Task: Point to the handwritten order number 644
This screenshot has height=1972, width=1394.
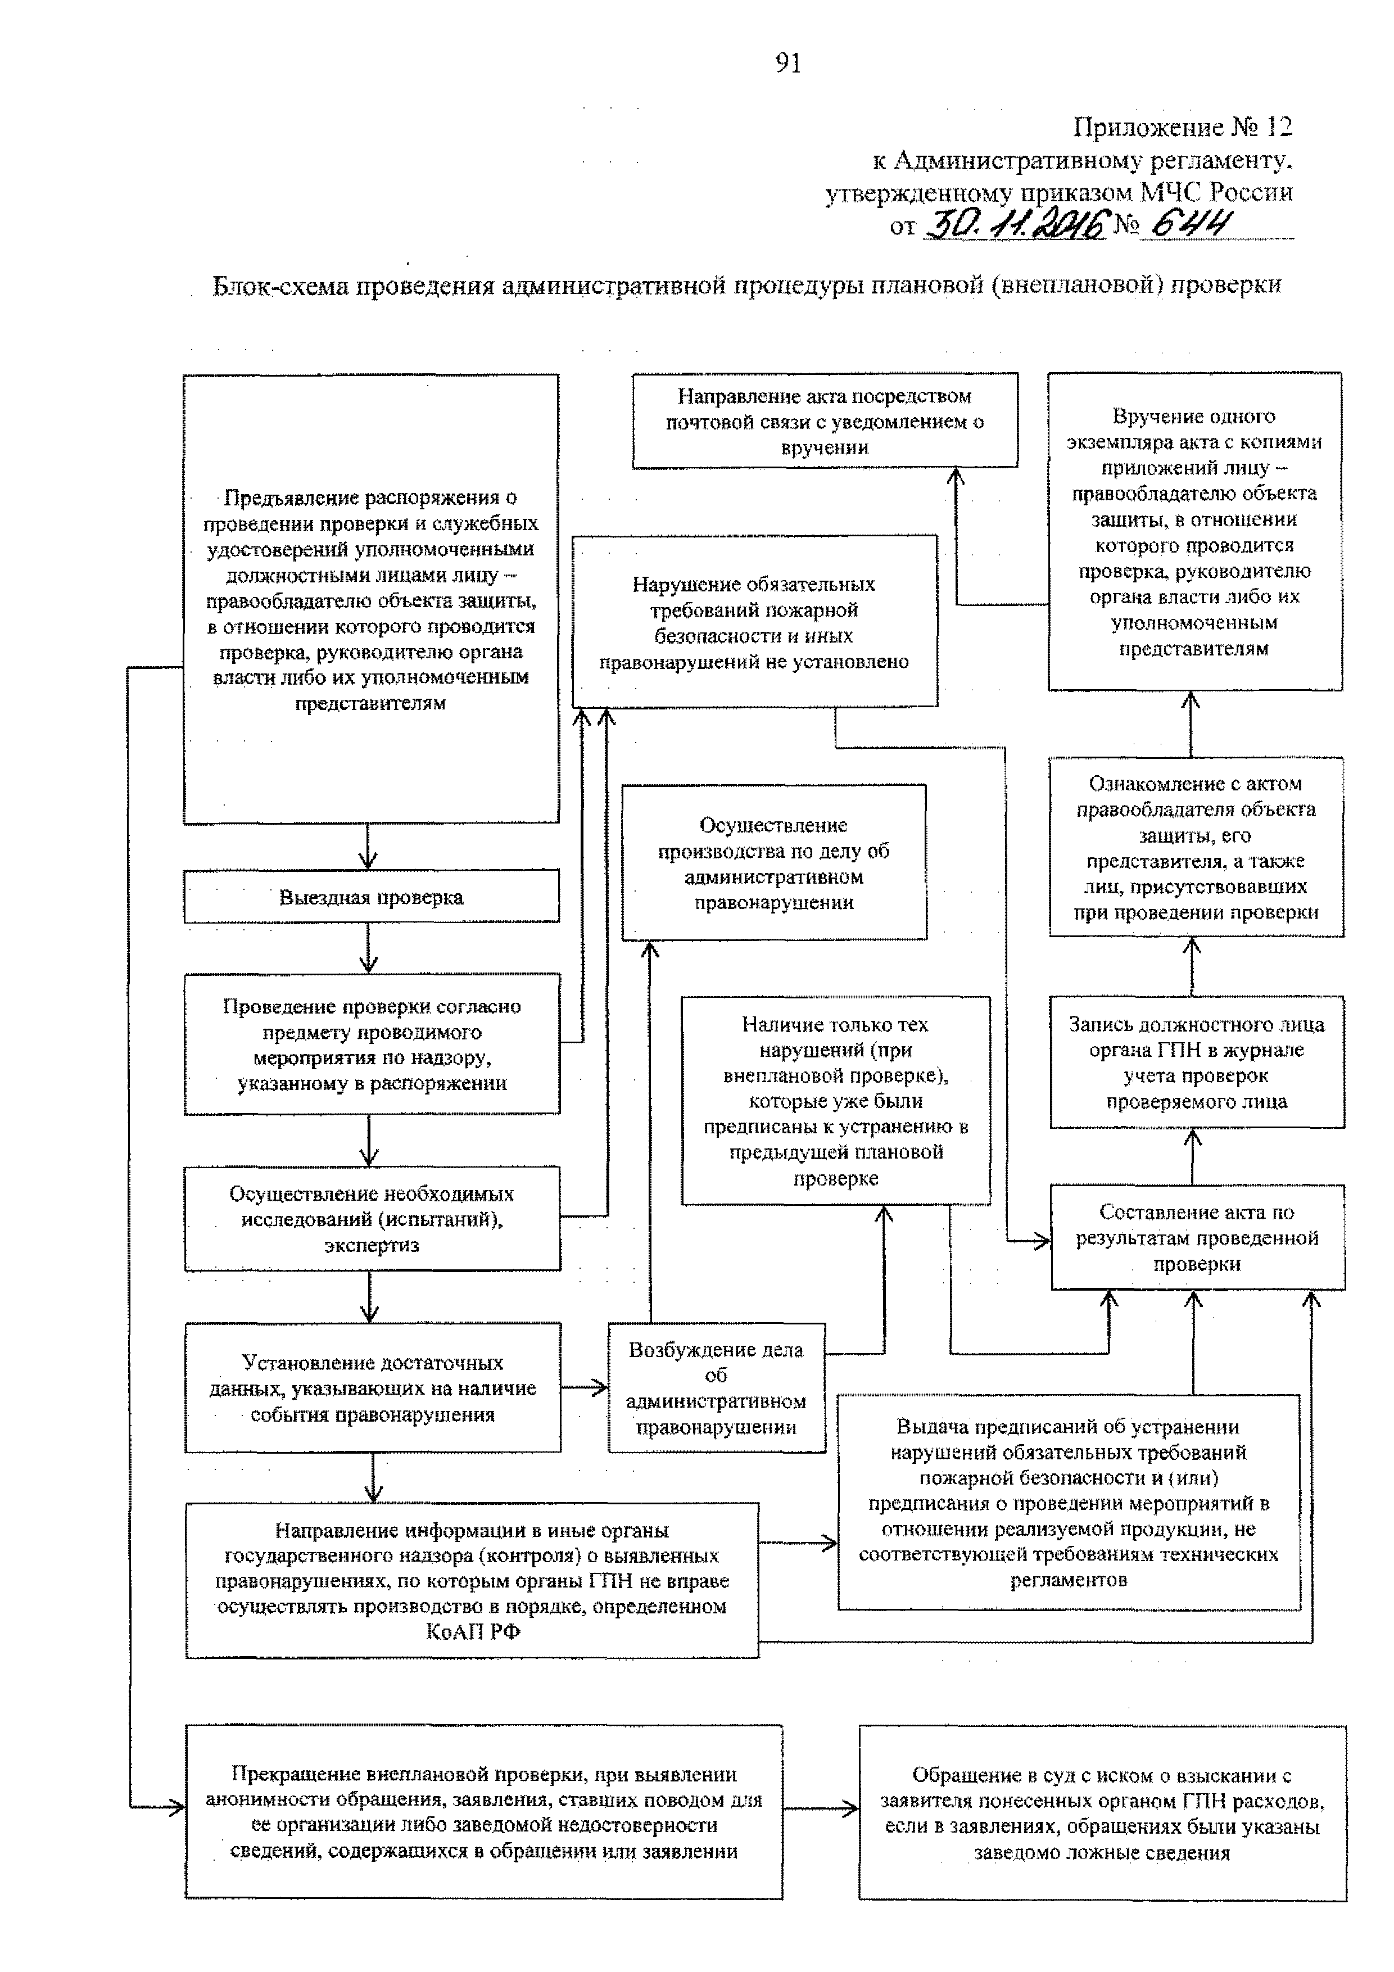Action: pyautogui.click(x=1189, y=224)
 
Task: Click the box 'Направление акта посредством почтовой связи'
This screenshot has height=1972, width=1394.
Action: pyautogui.click(x=825, y=421)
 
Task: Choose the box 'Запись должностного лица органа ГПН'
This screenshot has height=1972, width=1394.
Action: pyautogui.click(x=1197, y=1062)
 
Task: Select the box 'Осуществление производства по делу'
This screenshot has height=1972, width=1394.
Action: pyautogui.click(x=774, y=862)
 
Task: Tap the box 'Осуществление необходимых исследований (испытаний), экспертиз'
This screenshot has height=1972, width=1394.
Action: pyautogui.click(x=372, y=1219)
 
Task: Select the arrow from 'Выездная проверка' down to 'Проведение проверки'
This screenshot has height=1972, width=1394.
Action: pyautogui.click(x=369, y=948)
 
